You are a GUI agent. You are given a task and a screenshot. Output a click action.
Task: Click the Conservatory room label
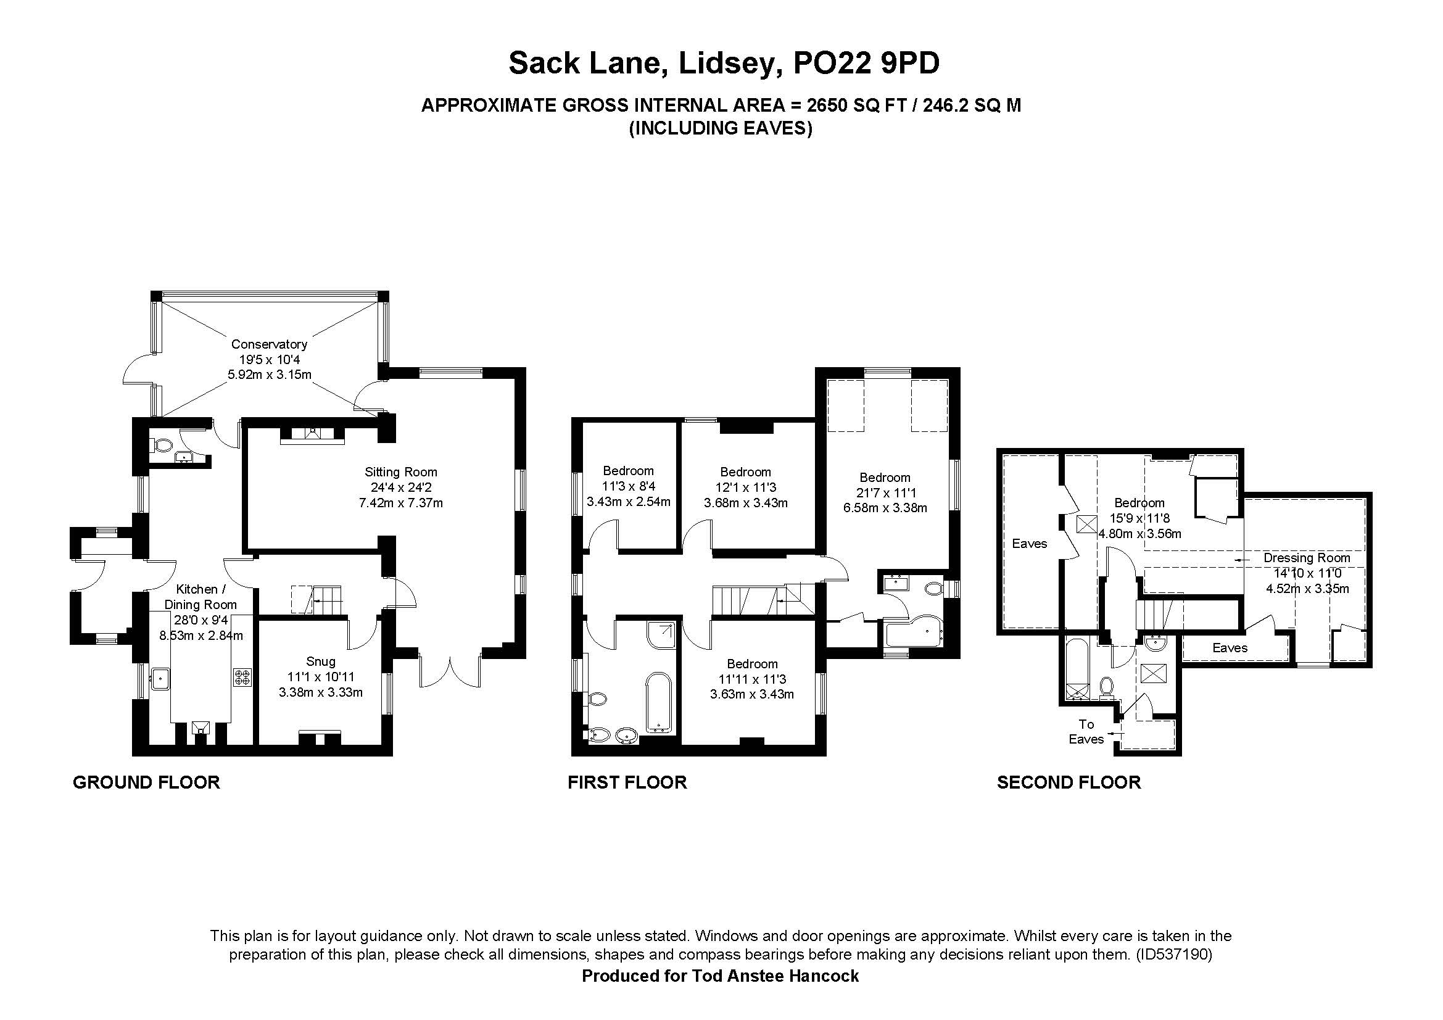(269, 344)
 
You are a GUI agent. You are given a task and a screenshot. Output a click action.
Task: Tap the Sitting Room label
(401, 472)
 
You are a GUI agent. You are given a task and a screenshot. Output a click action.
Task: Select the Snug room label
(321, 661)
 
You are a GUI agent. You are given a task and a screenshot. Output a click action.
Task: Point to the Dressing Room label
(1307, 557)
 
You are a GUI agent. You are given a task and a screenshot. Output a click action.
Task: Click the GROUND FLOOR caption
(146, 782)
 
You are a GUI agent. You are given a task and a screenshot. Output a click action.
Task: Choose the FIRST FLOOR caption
(627, 782)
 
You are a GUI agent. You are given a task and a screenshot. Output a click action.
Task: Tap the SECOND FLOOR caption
(1069, 782)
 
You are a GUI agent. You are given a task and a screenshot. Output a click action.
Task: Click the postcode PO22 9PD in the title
(867, 64)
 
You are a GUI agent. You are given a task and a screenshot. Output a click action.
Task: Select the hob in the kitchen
(242, 677)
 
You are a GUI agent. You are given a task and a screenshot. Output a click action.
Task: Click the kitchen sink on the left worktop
(160, 678)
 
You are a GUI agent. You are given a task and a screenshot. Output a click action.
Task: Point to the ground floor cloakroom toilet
(162, 446)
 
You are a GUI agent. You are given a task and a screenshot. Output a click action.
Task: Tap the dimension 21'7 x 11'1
(885, 492)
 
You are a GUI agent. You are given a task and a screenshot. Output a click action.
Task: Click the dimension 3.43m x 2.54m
(629, 502)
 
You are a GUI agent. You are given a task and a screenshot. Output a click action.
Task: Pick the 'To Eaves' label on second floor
(1086, 732)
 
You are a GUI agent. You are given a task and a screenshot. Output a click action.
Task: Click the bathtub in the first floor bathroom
(659, 703)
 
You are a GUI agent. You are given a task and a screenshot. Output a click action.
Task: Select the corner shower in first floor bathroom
(661, 635)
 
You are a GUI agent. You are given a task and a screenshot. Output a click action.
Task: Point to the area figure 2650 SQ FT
(857, 106)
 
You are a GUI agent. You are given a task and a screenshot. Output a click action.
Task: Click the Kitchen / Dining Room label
(201, 597)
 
